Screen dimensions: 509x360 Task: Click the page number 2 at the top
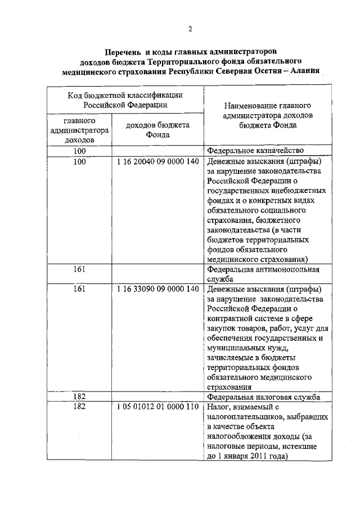[x=190, y=29]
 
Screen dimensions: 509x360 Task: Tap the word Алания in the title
[x=301, y=71]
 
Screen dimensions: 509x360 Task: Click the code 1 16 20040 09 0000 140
[x=158, y=161]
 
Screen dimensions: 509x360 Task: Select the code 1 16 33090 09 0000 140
[x=158, y=289]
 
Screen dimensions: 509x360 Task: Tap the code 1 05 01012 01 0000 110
[x=158, y=407]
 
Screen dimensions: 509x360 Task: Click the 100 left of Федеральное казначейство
[x=79, y=151]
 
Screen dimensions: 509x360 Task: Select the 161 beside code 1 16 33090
[x=79, y=289]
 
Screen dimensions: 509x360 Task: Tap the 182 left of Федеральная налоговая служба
[x=79, y=397]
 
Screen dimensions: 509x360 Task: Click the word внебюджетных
[x=292, y=191]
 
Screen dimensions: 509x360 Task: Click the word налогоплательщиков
[x=243, y=417]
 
